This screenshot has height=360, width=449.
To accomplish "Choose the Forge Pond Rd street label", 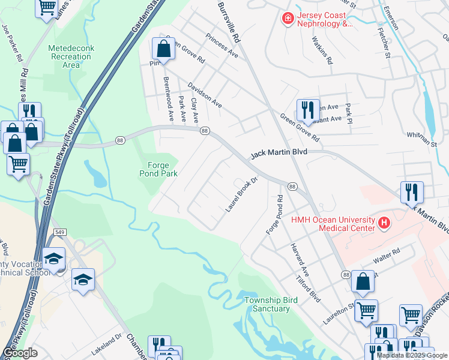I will pos(274,215).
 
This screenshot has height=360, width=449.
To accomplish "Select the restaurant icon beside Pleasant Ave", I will pos(307,109).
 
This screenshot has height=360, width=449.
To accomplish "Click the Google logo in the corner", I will pos(20,353).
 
